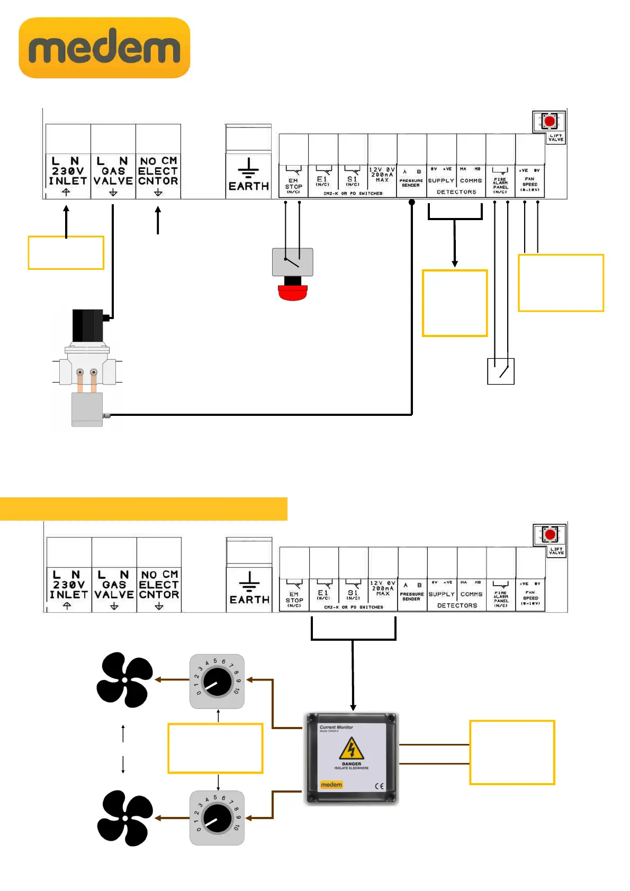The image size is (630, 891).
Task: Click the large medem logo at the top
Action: point(104,48)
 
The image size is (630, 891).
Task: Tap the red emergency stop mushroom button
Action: point(293,292)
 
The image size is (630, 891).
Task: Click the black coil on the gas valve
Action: point(88,326)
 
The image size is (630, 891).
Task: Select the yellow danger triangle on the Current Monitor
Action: point(351,749)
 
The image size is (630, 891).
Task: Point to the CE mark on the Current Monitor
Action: point(379,786)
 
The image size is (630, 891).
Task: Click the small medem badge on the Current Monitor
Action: point(331,785)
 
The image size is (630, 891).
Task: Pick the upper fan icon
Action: point(124,680)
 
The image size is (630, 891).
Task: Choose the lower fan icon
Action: point(124,818)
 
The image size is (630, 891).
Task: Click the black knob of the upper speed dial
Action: point(217,681)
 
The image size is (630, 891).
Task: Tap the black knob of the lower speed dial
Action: point(217,818)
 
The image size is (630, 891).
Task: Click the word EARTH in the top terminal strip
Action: point(249,186)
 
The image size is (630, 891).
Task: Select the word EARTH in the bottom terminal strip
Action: point(249,599)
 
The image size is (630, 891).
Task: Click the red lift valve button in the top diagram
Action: point(550,122)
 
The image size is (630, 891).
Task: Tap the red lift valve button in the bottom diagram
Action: point(550,534)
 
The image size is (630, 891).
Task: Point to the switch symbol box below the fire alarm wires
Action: point(500,371)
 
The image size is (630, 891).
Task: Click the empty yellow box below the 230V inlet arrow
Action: point(66,253)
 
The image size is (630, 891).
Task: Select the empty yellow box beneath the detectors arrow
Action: point(454,303)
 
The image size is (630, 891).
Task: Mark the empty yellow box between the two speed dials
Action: point(215,748)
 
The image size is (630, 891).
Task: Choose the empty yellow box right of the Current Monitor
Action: point(512,752)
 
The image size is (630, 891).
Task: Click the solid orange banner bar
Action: point(143,509)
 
